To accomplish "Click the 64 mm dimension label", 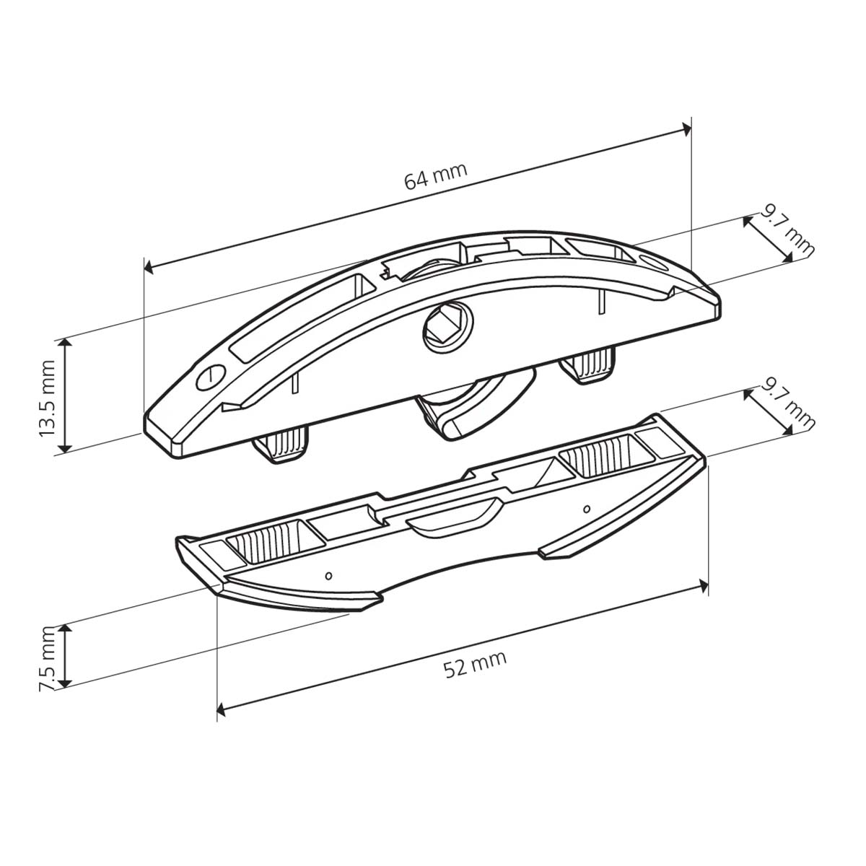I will [x=435, y=176].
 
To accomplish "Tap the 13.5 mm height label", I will [x=47, y=398].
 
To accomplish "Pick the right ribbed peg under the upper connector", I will [x=588, y=366].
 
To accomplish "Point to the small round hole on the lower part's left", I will [x=328, y=575].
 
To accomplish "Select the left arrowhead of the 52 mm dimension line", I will [x=222, y=712].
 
